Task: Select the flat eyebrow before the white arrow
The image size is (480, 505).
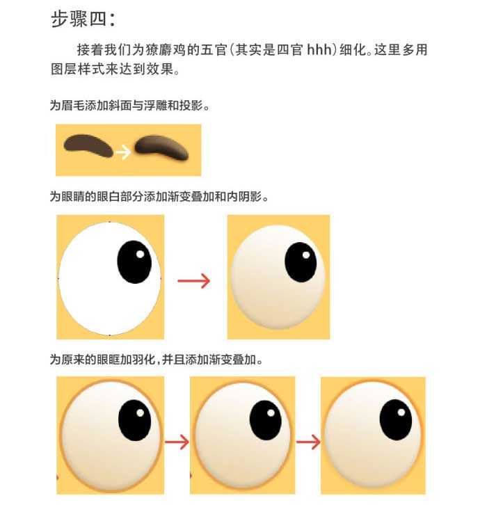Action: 88,145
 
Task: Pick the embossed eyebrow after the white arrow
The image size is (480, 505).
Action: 161,148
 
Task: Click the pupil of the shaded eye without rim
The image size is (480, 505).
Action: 301,262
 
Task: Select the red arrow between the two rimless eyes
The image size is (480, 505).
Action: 194,280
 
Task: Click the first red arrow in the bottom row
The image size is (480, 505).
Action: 177,442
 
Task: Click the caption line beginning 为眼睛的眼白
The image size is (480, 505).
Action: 159,197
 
